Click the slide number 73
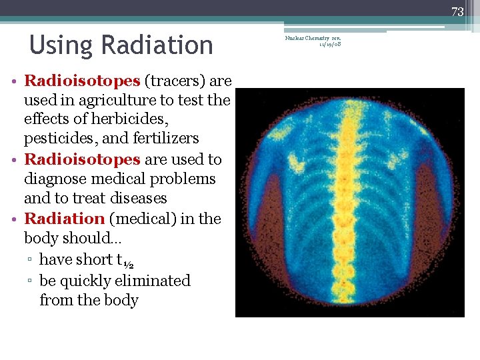(x=457, y=11)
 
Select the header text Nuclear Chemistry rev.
(x=313, y=39)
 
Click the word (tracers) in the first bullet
(x=175, y=81)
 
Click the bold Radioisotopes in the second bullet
(x=82, y=160)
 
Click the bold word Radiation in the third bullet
(x=64, y=219)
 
